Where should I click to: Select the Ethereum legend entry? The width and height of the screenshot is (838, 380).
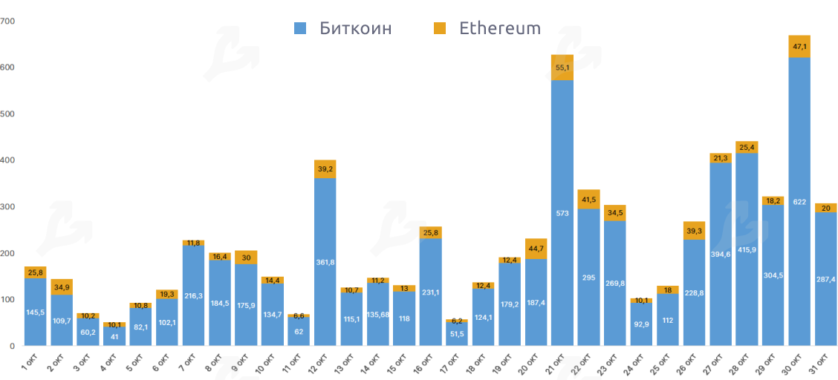(x=487, y=28)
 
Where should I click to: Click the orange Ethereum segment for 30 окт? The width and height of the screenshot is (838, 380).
(x=799, y=46)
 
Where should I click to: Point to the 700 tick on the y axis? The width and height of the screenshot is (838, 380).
(x=7, y=21)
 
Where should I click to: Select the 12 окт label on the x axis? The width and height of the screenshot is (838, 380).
(x=320, y=364)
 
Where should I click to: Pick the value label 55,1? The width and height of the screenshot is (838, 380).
(x=562, y=68)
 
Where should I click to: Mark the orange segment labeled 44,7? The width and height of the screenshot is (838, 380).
(x=536, y=249)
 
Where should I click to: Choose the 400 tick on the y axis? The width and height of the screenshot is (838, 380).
(x=7, y=160)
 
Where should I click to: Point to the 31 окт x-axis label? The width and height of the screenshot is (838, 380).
(x=821, y=364)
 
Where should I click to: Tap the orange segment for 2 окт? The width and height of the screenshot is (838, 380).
(x=62, y=286)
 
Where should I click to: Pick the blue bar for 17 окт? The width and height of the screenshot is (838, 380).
(x=457, y=334)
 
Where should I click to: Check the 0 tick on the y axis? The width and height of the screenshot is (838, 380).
(x=12, y=346)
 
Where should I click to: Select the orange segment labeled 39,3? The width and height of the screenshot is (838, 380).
(x=694, y=231)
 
